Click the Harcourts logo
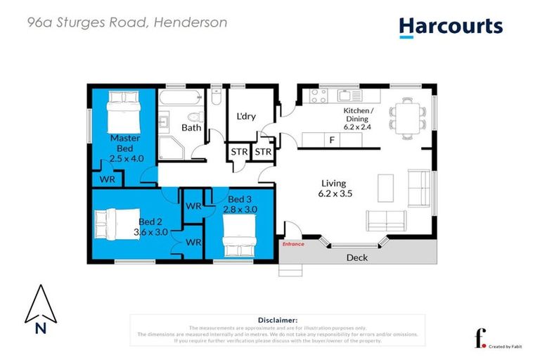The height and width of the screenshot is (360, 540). pos(451,27)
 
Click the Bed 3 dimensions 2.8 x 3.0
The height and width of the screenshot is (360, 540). pos(234,210)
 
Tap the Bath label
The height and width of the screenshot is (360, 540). pos(191,128)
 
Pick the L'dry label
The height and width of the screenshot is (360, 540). pos(245,116)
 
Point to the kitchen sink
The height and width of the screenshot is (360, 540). pos(346,95)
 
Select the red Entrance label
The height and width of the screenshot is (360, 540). pos(293,244)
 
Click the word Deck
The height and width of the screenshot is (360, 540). pos(357,257)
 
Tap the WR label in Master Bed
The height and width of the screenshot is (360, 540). pos(107,179)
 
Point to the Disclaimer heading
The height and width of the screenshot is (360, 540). pos(278,319)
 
